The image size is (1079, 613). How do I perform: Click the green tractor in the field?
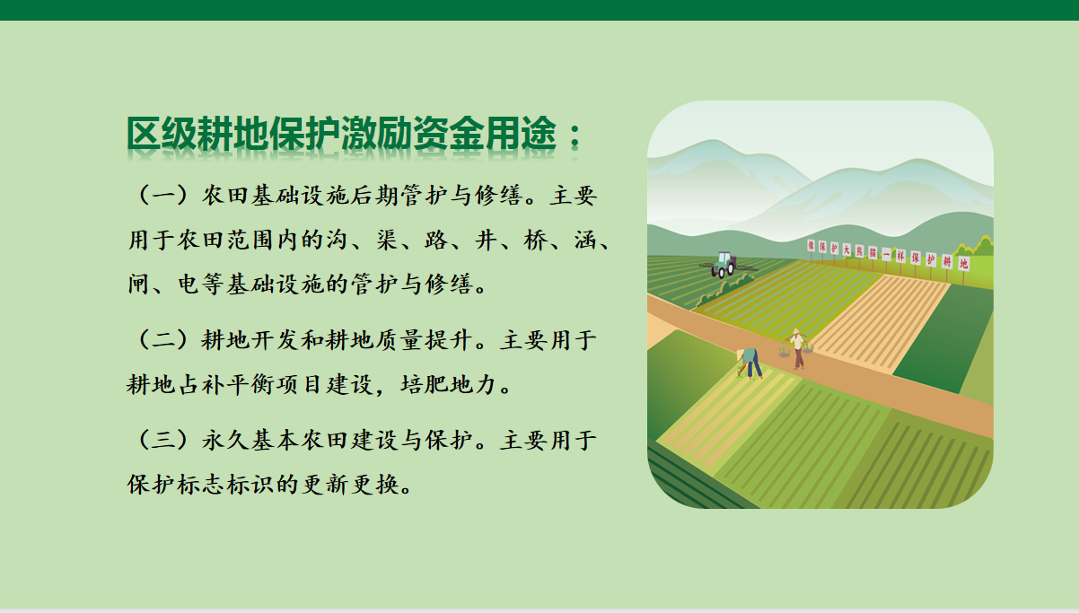(x=724, y=265)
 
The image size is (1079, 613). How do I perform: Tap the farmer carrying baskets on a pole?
(x=797, y=348)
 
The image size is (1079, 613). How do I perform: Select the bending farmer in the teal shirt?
(x=749, y=363)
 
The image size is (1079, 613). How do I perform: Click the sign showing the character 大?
(x=847, y=250)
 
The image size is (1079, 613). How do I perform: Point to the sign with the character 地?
(x=963, y=263)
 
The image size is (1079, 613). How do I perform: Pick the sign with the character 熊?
(x=859, y=251)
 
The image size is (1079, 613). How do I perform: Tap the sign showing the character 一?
(x=886, y=254)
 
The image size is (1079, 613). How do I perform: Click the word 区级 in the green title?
(x=161, y=134)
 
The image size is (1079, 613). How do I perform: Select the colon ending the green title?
(x=575, y=136)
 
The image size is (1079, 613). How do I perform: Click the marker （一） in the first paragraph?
(x=162, y=195)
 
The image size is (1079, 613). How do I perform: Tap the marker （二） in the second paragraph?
(x=162, y=340)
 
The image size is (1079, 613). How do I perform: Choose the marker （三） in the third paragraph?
(x=162, y=440)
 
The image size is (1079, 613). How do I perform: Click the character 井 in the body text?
(x=486, y=240)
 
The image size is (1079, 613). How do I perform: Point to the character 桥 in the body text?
(x=536, y=240)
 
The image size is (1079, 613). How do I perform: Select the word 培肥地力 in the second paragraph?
(x=449, y=385)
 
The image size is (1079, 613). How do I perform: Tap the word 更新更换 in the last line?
(x=351, y=485)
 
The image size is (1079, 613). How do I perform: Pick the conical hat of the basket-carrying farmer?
(x=795, y=331)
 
